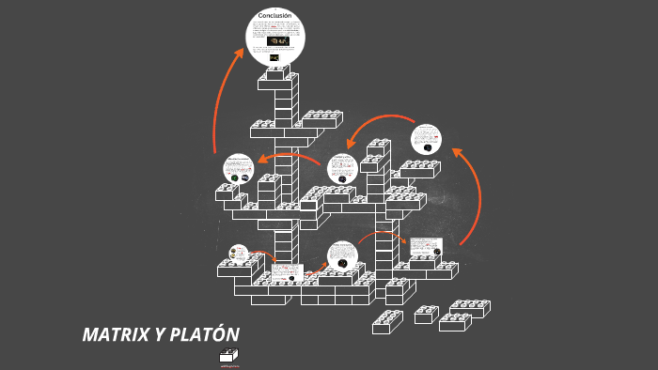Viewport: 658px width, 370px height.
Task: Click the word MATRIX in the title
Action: click(114, 335)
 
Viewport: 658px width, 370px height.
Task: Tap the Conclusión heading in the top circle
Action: click(275, 15)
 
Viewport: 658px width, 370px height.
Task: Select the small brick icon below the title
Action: click(229, 355)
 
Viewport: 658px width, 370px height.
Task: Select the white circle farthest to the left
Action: click(238, 169)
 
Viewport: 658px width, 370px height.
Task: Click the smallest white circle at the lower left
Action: click(238, 253)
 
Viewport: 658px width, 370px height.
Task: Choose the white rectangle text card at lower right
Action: click(425, 246)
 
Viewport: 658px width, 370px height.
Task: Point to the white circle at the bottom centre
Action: click(342, 256)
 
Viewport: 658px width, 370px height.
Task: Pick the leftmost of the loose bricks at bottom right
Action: click(386, 322)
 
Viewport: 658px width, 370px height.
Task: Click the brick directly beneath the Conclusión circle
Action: click(277, 81)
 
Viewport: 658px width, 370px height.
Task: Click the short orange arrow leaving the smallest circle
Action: click(264, 255)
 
